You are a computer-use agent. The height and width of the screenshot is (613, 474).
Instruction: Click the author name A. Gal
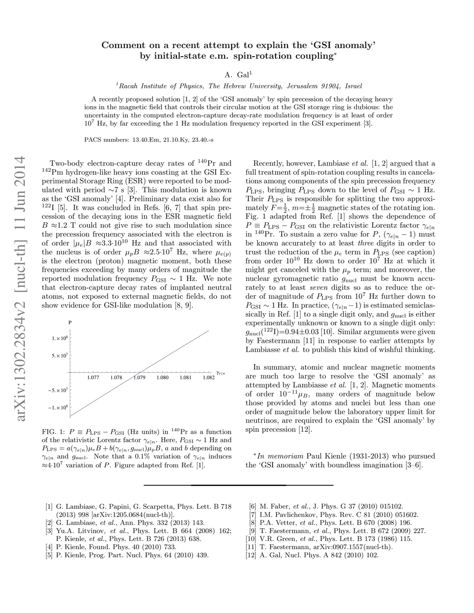point(237,74)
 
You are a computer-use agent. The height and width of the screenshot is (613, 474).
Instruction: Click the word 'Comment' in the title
point(123,45)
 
